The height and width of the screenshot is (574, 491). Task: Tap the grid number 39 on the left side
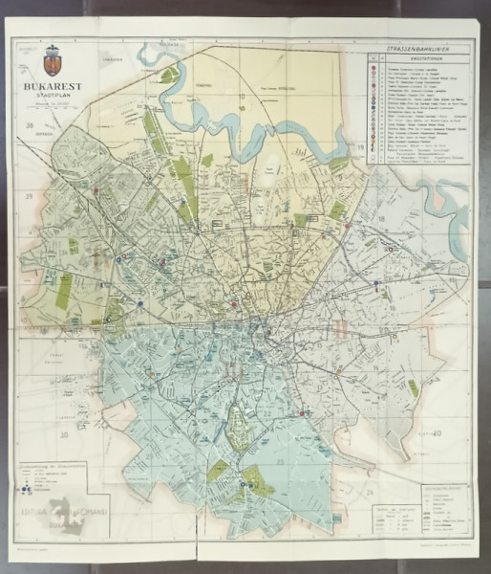coord(30,196)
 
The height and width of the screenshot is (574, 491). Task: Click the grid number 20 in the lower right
coord(438,433)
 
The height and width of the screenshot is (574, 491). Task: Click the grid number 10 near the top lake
coord(242,96)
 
